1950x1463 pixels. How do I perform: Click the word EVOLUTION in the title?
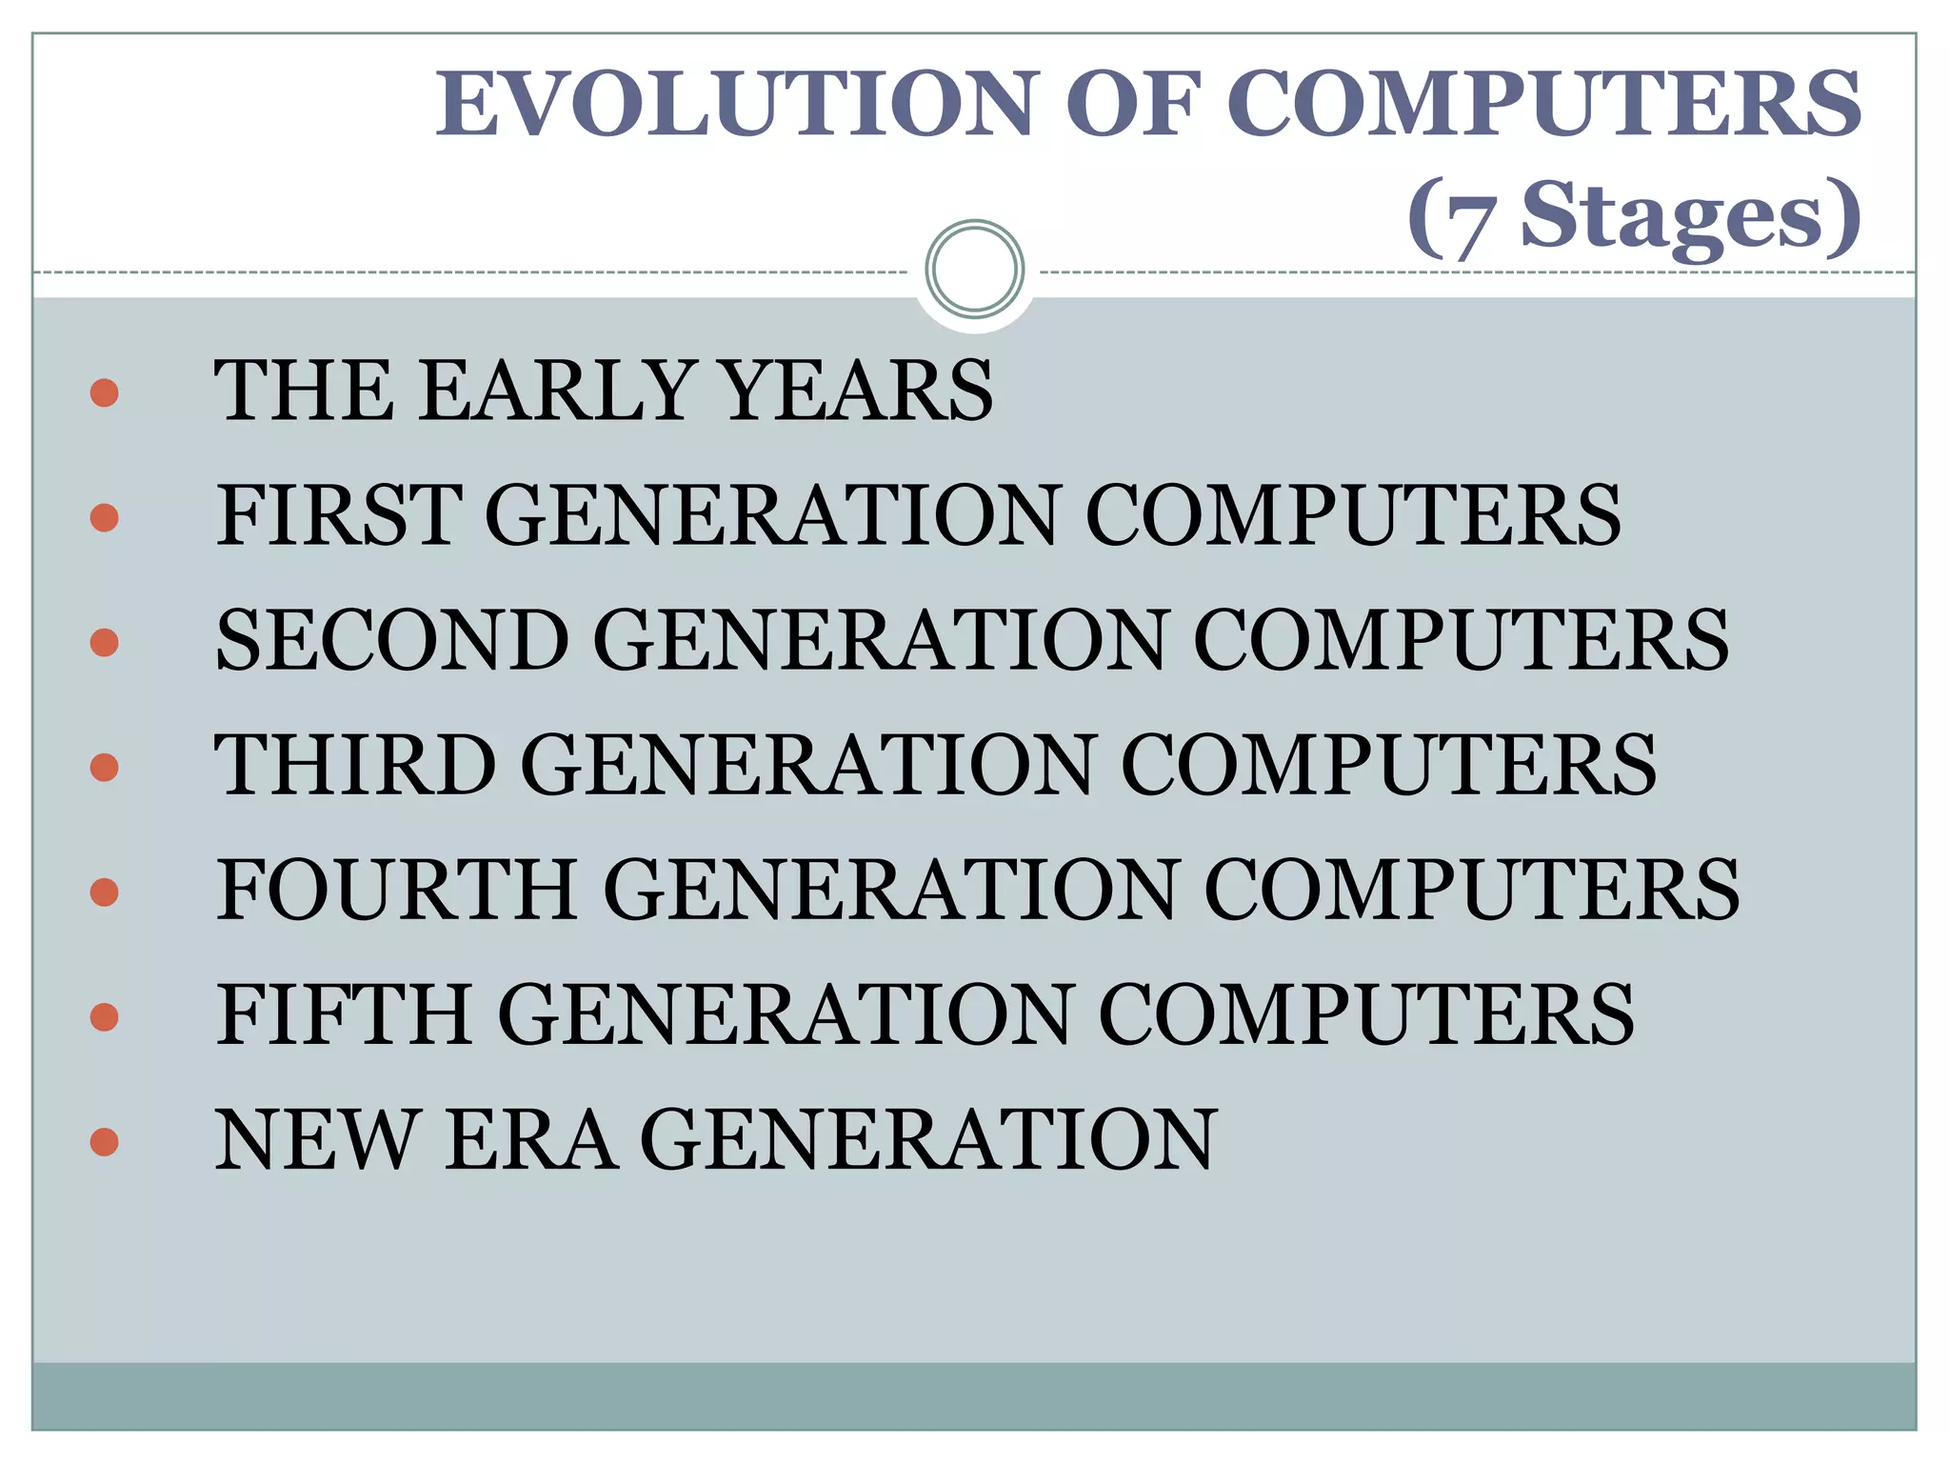(x=733, y=104)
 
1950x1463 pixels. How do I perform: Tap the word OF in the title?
(x=1129, y=104)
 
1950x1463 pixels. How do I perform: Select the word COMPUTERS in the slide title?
(x=1543, y=104)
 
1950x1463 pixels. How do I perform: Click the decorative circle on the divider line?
(x=974, y=269)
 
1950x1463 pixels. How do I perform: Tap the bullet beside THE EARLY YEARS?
(x=104, y=392)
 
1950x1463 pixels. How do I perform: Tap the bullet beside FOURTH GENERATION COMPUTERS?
(x=104, y=892)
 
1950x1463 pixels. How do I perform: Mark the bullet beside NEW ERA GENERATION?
(x=104, y=1141)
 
